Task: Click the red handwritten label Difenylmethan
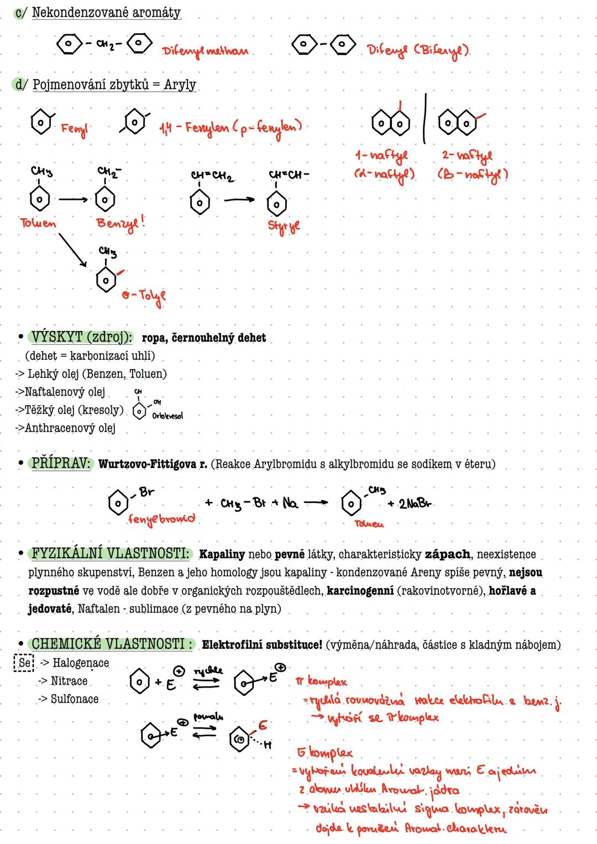205,51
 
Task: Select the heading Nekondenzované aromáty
106,13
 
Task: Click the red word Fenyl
74,129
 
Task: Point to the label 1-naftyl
381,156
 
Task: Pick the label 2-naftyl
467,156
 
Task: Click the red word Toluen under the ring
38,223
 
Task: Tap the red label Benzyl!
121,223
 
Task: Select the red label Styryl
284,226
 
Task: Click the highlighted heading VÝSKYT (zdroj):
81,337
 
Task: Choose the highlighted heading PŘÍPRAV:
61,463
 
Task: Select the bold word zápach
447,554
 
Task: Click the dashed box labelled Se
24,663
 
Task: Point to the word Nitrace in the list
69,681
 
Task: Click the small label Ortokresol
167,416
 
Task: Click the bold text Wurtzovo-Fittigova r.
153,464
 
